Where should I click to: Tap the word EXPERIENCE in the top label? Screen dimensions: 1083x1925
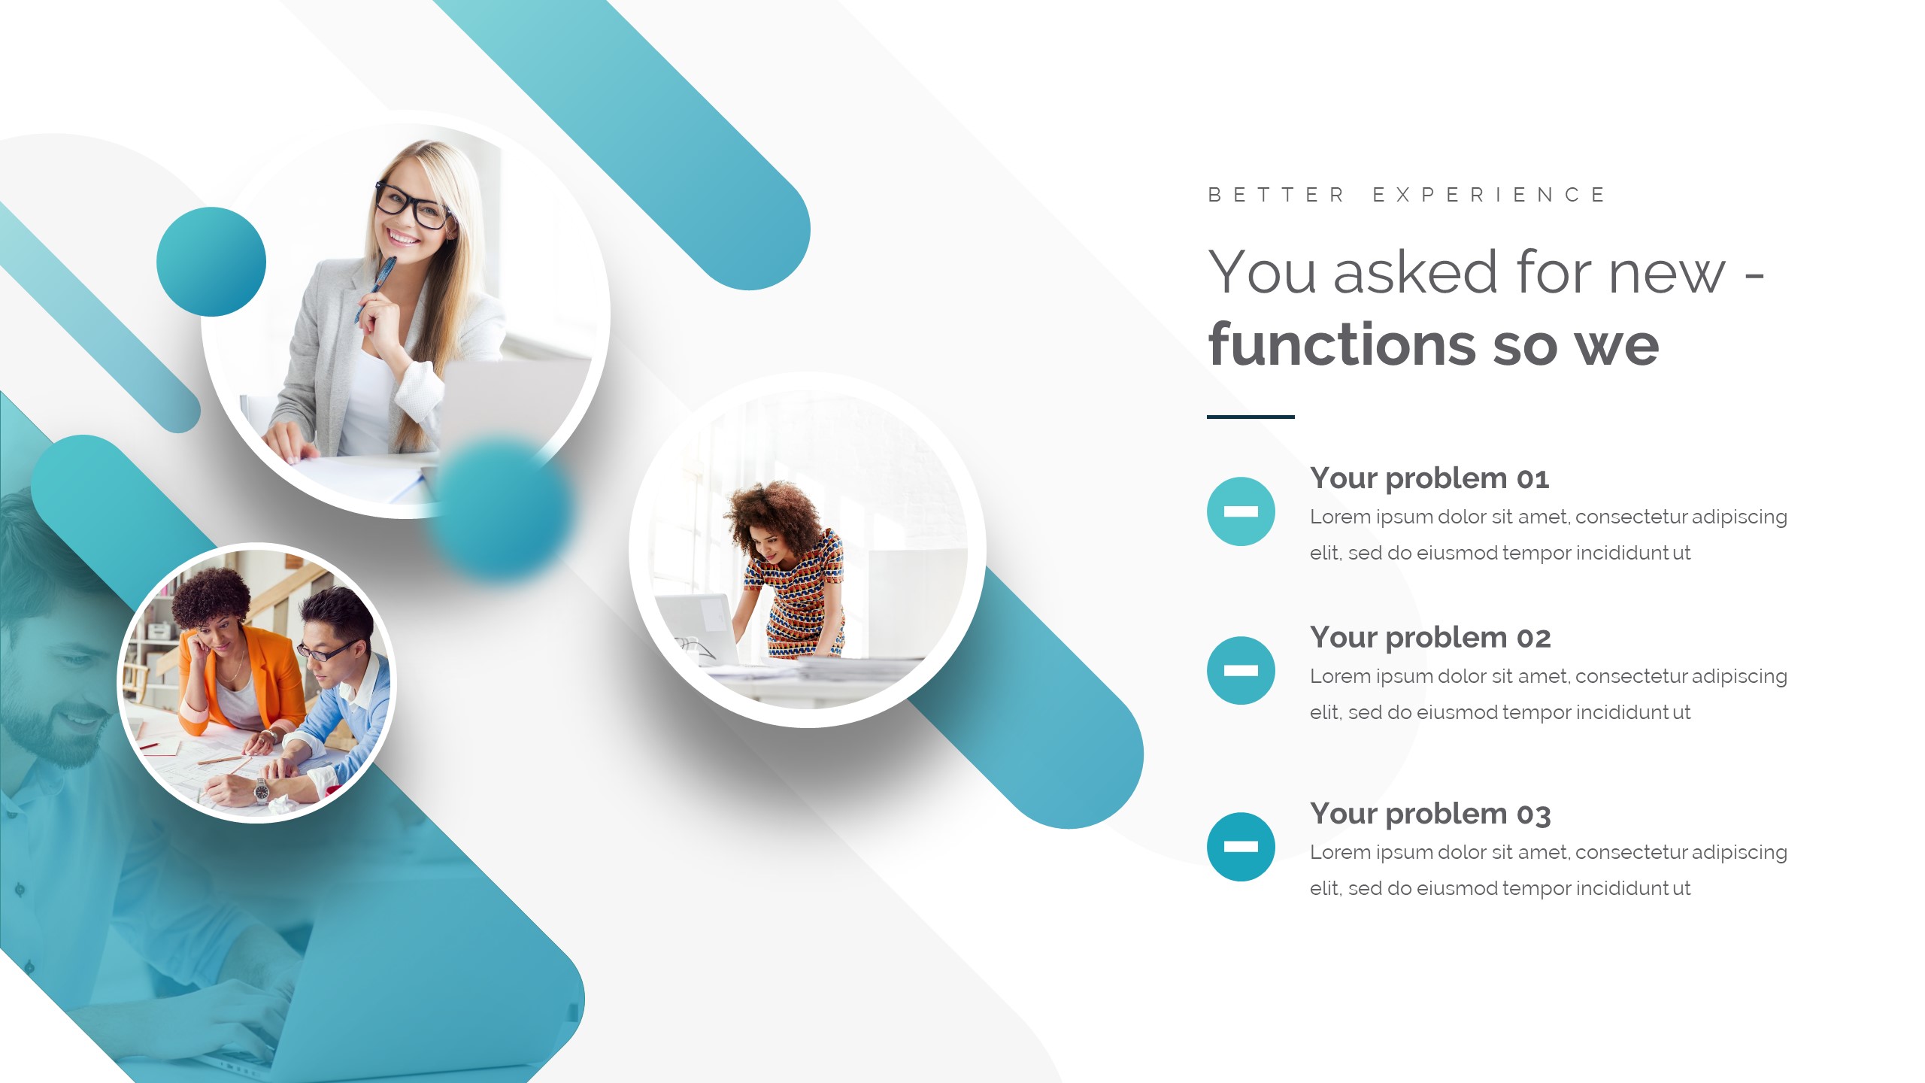(x=1489, y=195)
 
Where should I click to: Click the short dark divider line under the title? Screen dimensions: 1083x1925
(x=1250, y=417)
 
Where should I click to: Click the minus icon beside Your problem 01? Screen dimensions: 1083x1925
(x=1241, y=511)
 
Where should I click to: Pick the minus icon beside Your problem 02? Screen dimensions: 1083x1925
(x=1241, y=670)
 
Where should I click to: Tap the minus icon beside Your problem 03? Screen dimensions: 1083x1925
(x=1241, y=846)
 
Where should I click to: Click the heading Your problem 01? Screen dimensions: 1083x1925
(x=1429, y=478)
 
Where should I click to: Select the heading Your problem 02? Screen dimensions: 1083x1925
(x=1429, y=638)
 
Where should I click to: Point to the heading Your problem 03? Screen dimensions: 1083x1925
(x=1429, y=814)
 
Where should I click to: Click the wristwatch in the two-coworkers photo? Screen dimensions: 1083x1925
(x=261, y=790)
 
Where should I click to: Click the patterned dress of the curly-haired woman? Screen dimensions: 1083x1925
(x=801, y=594)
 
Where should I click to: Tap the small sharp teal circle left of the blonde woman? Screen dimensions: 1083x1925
(x=211, y=262)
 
